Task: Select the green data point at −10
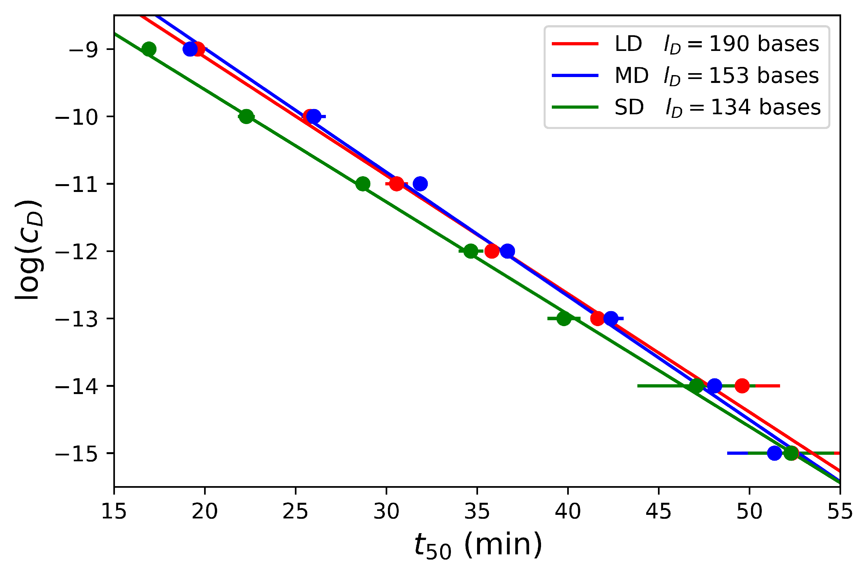tap(246, 117)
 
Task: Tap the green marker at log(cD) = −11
tap(363, 184)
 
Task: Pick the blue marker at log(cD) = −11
tap(420, 183)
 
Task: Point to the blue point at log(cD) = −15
tap(775, 453)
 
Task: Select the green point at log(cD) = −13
tap(564, 319)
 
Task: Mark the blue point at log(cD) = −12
tap(507, 251)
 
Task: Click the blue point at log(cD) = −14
tap(714, 386)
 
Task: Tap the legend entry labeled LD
tap(628, 44)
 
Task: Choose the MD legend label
tap(631, 76)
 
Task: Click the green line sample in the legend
tap(575, 107)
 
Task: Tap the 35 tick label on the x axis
tap(477, 511)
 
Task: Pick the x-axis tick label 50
tap(749, 511)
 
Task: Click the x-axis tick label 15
tap(114, 511)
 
